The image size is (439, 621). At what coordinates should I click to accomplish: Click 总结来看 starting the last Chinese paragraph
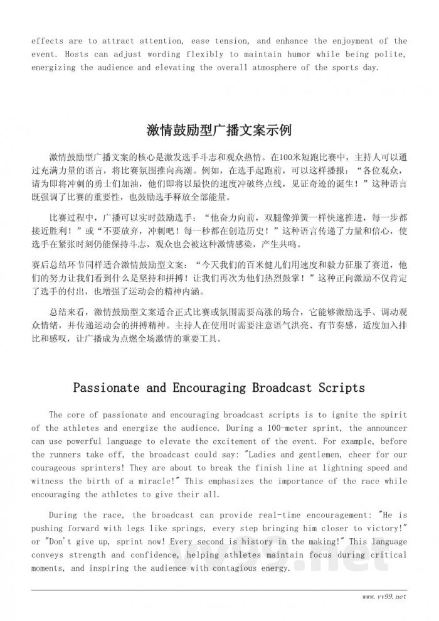point(68,312)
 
